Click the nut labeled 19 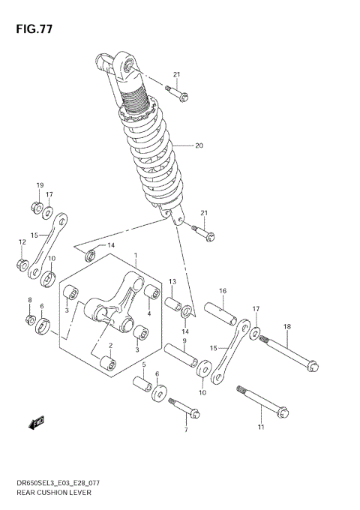(36, 205)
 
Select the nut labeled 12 (22, 264)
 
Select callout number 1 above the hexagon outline (135, 256)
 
